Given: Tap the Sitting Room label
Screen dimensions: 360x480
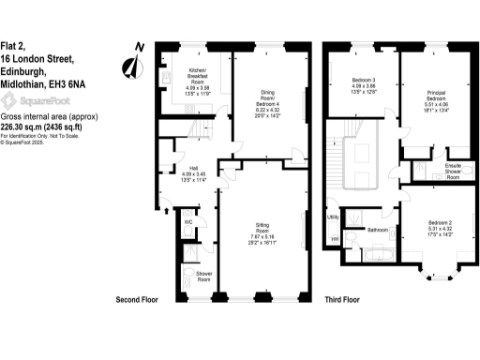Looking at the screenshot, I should pyautogui.click(x=263, y=226).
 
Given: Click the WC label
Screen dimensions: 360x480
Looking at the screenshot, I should pyautogui.click(x=187, y=222).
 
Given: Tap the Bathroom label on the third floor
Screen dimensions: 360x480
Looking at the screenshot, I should pyautogui.click(x=378, y=229).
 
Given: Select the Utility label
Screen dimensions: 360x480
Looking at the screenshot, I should pyautogui.click(x=333, y=217).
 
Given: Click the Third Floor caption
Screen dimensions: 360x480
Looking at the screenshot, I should pyautogui.click(x=343, y=300).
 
